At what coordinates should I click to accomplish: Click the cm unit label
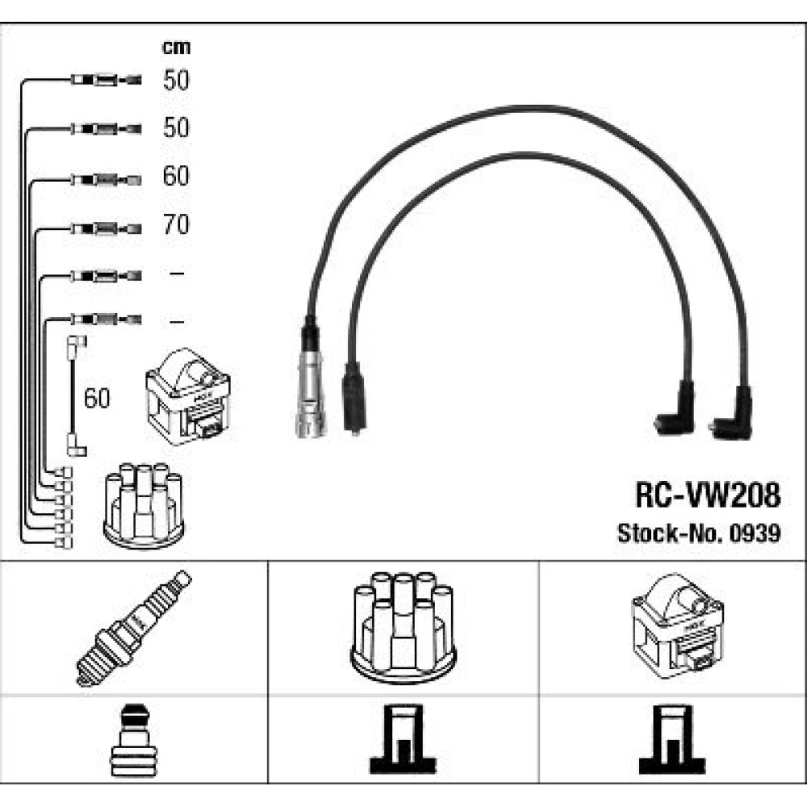coord(176,48)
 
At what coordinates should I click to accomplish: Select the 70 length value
coord(176,224)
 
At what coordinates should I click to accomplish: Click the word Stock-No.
coord(671,533)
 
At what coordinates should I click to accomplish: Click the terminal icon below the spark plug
coord(134,739)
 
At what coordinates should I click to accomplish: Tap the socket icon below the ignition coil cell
coord(672,739)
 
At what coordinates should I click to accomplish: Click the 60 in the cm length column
coord(176,176)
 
